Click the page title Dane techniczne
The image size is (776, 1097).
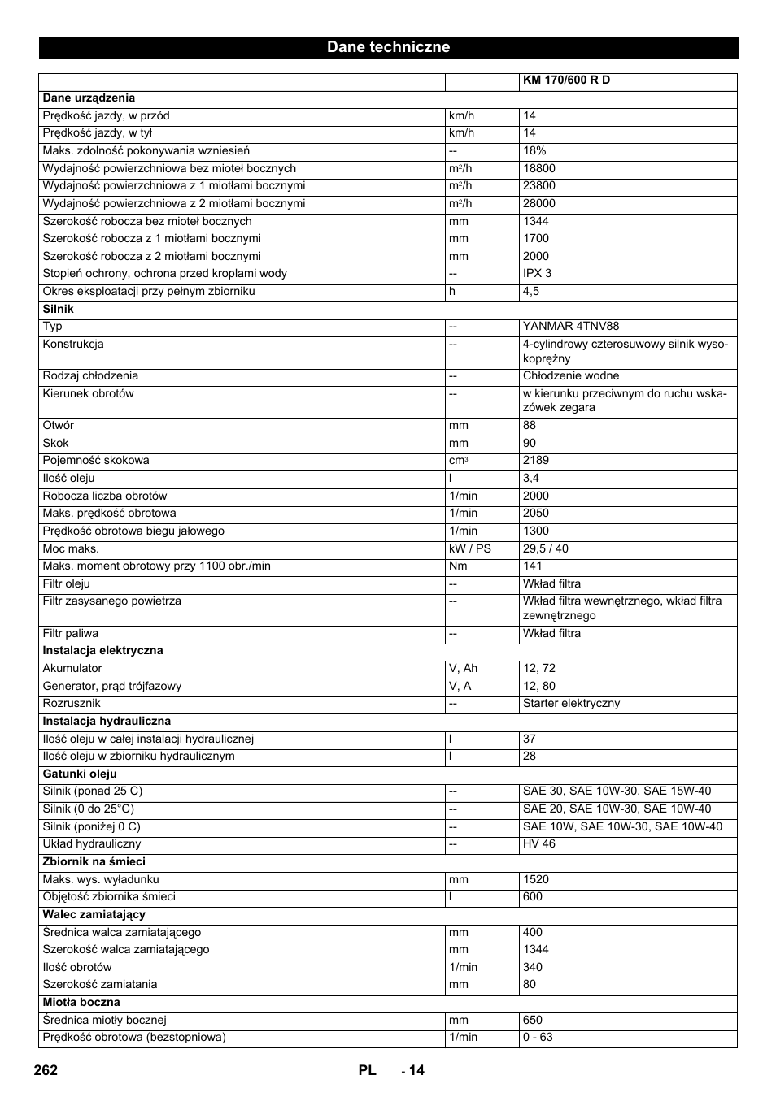coord(388,47)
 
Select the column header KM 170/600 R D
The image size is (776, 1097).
coord(566,80)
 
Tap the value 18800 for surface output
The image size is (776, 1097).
coord(538,168)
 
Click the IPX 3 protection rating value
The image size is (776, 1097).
coord(537,274)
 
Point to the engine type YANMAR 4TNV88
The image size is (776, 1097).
coord(570,327)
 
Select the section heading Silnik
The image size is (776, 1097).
coord(58,309)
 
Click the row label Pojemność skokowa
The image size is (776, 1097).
coord(96,461)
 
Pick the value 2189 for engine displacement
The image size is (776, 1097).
coord(535,461)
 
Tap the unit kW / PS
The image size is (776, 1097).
coord(470,548)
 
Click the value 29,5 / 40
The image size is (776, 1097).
coord(545,548)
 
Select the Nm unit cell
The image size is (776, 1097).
coord(458,566)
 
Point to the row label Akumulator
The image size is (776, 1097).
coord(72,669)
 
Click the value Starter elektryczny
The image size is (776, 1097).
coord(571,704)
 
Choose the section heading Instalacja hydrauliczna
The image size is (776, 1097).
coord(107,721)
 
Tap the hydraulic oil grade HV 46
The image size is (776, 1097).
coord(538,844)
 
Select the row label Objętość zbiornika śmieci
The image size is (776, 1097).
coord(109,897)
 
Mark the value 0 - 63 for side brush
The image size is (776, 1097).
coord(538,1038)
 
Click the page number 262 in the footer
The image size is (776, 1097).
coord(46,1070)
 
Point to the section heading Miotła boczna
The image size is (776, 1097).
coord(81,1002)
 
